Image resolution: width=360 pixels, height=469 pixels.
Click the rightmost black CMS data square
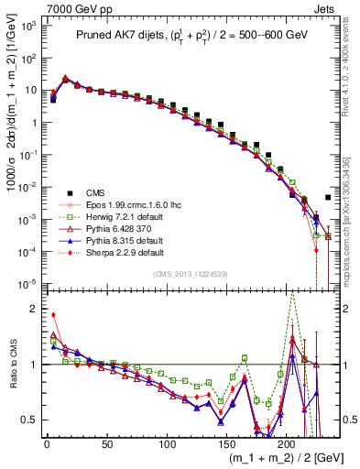tap(328, 197)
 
